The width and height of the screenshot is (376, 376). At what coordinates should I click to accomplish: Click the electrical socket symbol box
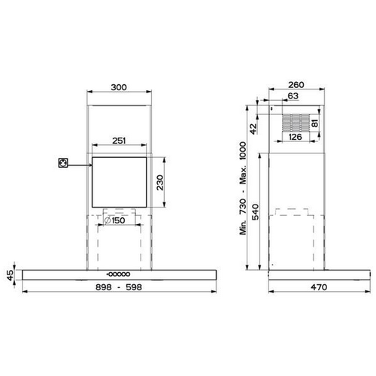pyautogui.click(x=64, y=162)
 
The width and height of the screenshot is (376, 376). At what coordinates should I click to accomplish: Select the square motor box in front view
pyautogui.click(x=121, y=181)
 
